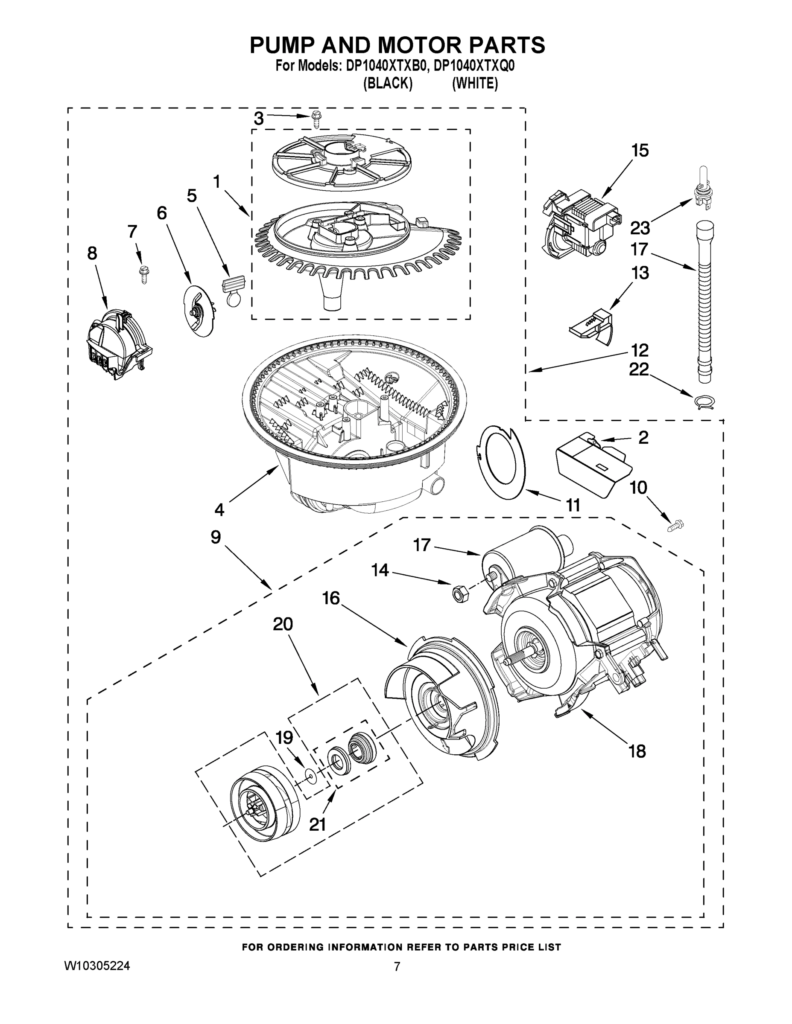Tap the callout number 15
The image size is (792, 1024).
[x=640, y=151]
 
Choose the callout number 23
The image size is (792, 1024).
[x=640, y=228]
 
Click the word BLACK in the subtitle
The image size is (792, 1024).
[x=388, y=84]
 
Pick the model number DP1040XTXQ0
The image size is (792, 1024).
[x=474, y=66]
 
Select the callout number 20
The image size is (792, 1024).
[x=283, y=624]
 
